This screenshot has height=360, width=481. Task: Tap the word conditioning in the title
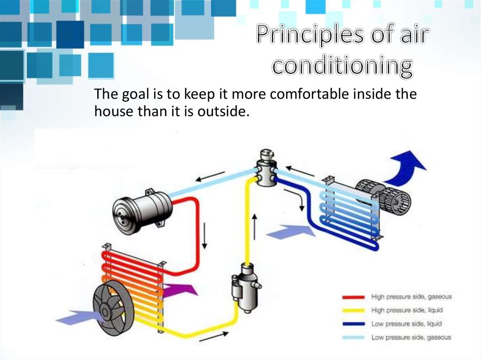coord(342,66)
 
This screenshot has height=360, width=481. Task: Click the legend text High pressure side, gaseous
coord(411,297)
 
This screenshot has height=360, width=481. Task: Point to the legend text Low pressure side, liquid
coord(406,324)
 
